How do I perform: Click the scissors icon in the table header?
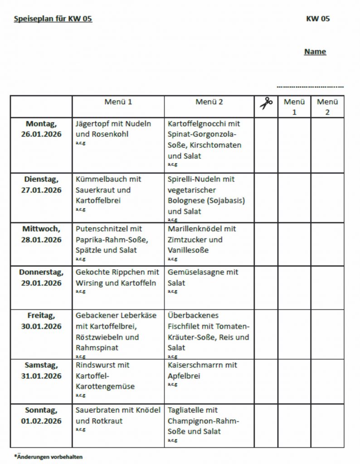(x=266, y=103)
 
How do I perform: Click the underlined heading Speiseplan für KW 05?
(x=53, y=19)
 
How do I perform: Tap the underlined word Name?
(x=315, y=52)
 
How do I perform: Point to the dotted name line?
(x=310, y=86)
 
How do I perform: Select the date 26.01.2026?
(x=41, y=135)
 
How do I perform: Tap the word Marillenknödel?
(x=195, y=229)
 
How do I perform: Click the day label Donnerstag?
(x=41, y=272)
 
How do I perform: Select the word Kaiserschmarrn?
(x=195, y=365)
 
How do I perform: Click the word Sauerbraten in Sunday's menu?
(x=97, y=410)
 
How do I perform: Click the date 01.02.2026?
(x=41, y=421)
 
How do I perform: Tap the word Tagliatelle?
(x=186, y=410)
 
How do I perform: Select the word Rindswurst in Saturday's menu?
(x=96, y=365)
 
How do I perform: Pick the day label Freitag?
(x=41, y=315)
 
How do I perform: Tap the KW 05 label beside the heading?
(x=318, y=19)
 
